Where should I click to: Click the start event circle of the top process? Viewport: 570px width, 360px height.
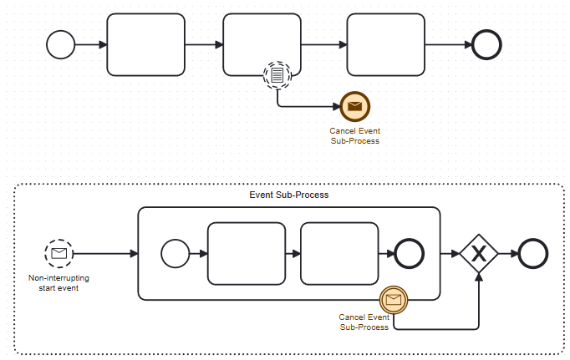[61, 45]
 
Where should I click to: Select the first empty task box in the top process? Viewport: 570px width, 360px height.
[146, 45]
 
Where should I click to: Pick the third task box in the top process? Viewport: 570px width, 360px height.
[385, 45]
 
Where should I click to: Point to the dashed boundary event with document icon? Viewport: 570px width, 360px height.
[277, 76]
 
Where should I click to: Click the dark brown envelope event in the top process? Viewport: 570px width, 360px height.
[355, 106]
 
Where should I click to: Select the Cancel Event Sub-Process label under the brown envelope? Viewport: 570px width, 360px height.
[355, 135]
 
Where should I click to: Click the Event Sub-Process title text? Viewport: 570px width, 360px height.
[289, 195]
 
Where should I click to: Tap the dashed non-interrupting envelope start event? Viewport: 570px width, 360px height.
[59, 253]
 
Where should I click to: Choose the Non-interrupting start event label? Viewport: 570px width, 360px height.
[59, 283]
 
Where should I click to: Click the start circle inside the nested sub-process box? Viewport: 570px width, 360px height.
[175, 253]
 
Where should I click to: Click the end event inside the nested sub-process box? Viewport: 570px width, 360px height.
[410, 253]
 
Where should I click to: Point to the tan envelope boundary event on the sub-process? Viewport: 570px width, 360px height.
[393, 299]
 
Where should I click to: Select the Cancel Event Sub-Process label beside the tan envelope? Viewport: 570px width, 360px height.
[364, 322]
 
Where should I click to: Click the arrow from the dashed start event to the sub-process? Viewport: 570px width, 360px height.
[104, 253]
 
